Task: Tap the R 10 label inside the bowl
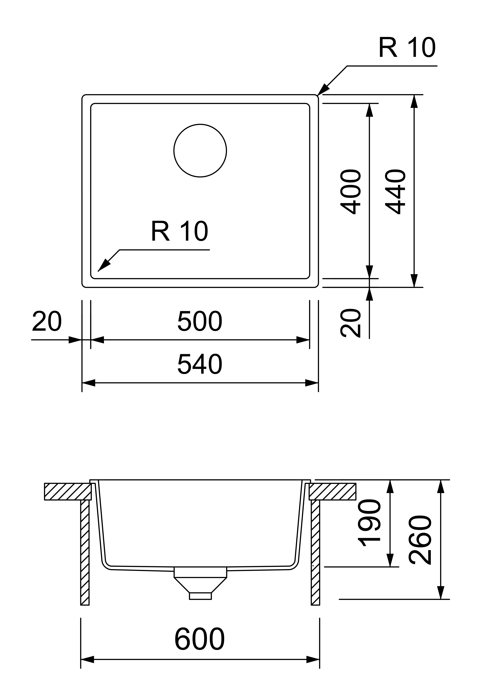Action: (x=180, y=231)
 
